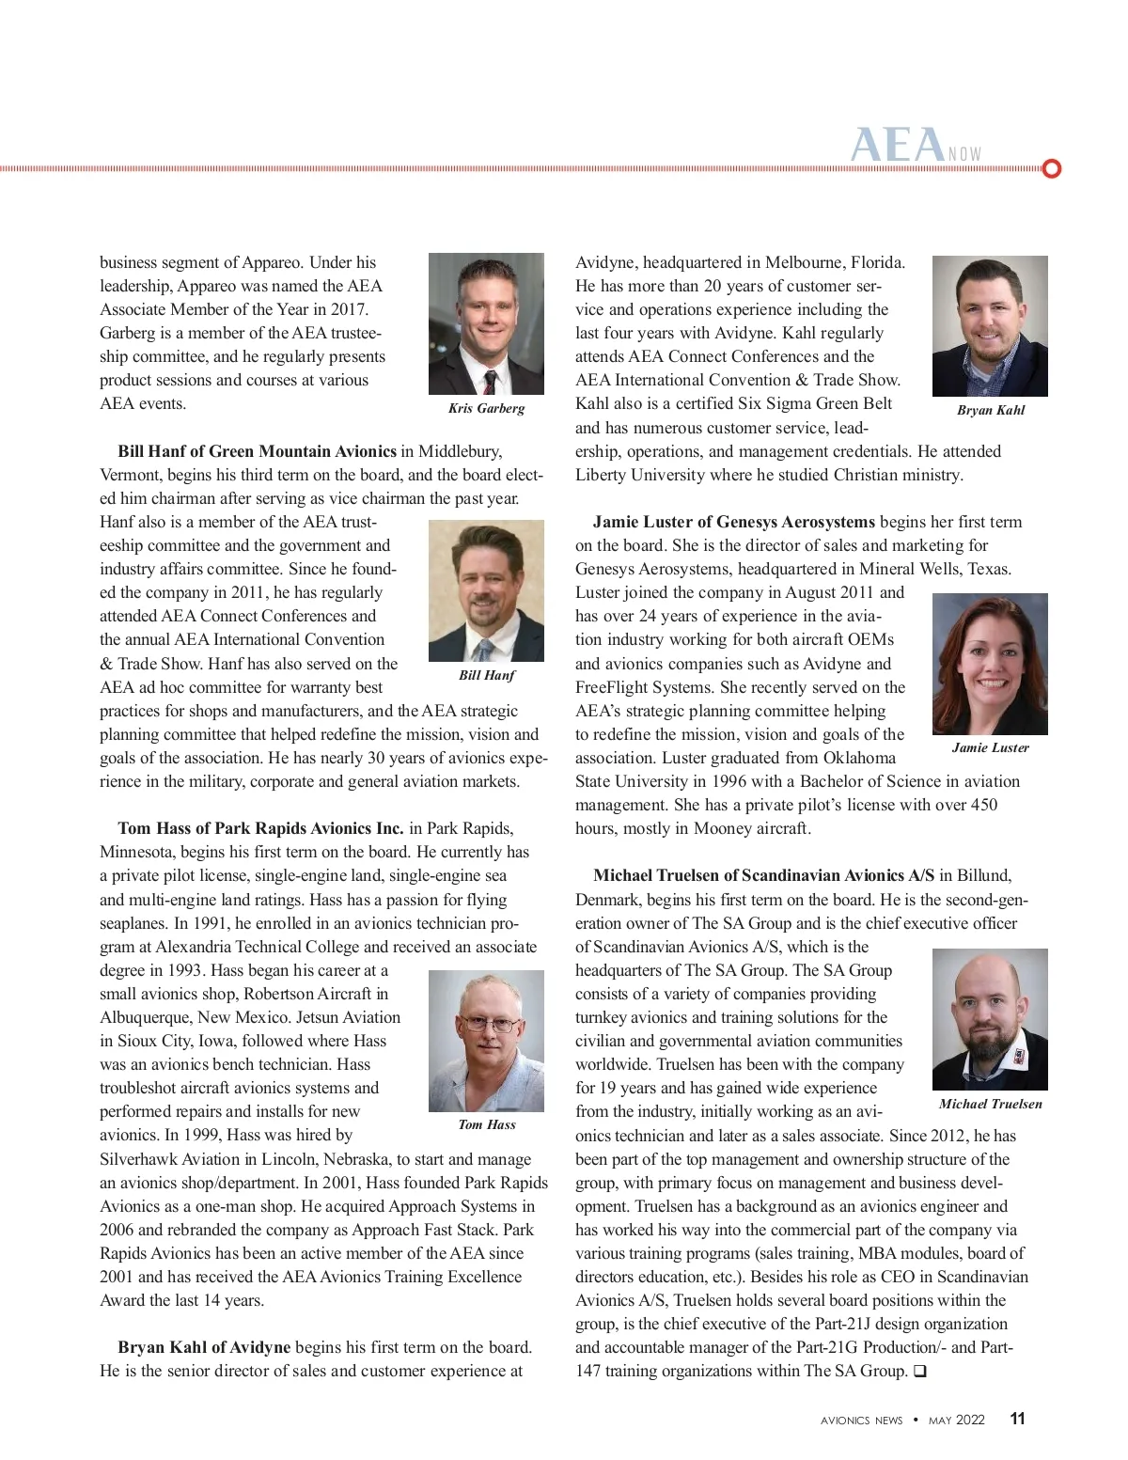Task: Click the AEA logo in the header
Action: point(898,147)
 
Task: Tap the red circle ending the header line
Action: point(1053,169)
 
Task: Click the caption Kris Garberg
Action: point(486,408)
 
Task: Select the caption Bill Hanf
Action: point(486,675)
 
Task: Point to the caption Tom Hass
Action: point(486,1124)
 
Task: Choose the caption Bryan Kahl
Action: point(990,410)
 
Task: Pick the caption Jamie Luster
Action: point(990,747)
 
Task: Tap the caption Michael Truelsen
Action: point(990,1104)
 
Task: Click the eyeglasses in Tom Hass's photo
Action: point(489,1024)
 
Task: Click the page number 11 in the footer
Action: point(1017,1419)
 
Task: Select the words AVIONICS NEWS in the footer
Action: point(861,1421)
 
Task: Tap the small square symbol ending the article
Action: point(919,1372)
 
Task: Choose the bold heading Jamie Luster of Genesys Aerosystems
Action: point(733,522)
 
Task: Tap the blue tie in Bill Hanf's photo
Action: point(483,650)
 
